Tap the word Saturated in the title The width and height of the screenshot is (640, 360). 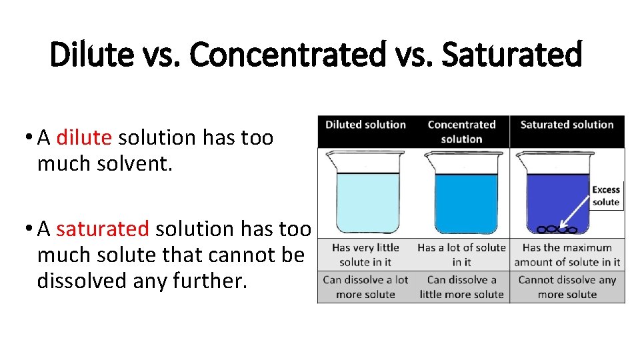(x=512, y=55)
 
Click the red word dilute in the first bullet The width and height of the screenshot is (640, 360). (x=84, y=137)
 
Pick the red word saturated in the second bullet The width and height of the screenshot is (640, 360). (x=103, y=229)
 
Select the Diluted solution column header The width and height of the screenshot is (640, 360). (x=365, y=125)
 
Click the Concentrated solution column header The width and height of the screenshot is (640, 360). (x=461, y=131)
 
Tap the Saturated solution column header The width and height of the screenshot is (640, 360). (x=567, y=125)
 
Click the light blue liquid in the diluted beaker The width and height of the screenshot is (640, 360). (x=365, y=200)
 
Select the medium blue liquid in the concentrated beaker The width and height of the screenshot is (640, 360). (x=466, y=200)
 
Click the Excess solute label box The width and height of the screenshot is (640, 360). (x=605, y=196)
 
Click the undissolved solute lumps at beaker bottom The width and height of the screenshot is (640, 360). (x=556, y=230)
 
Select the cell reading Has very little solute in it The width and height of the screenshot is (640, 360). (x=365, y=255)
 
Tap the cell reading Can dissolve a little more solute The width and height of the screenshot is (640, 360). (x=461, y=287)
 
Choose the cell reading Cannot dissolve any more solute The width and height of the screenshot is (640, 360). (x=567, y=287)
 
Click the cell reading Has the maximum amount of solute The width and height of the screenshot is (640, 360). (x=567, y=255)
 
